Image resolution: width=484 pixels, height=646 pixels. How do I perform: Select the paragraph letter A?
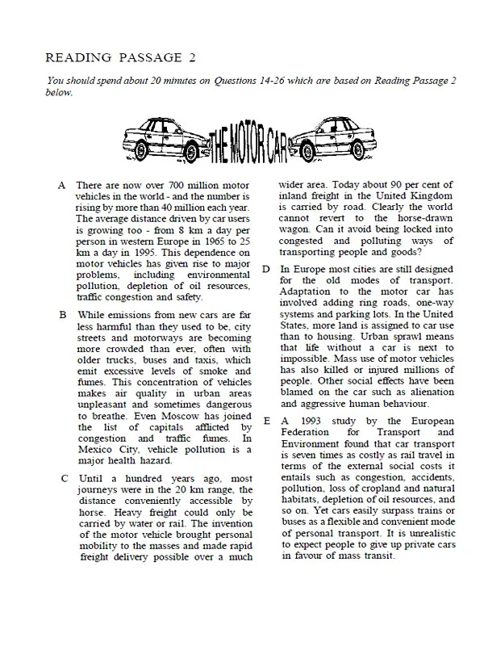(62, 186)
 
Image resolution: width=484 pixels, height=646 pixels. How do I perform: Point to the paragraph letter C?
(63, 479)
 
